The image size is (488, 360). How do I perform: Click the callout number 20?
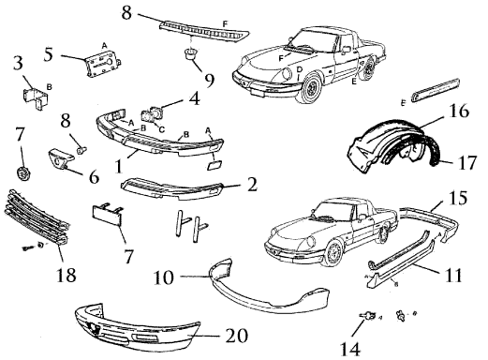point(236,336)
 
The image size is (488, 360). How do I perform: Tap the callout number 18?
point(66,275)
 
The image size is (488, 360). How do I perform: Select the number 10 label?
point(164,277)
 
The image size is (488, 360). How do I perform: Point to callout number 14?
point(349,349)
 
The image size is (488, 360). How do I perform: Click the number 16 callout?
point(459,111)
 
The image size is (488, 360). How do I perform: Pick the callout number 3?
point(18,63)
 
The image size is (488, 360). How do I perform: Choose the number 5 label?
point(49,54)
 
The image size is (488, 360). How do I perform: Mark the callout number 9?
point(209,81)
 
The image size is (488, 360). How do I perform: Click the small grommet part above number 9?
point(190,53)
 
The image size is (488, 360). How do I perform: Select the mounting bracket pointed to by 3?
point(36,97)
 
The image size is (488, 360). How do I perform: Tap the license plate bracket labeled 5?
point(103,64)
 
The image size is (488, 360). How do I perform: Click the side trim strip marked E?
point(436,90)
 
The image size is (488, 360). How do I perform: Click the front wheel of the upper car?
point(309,88)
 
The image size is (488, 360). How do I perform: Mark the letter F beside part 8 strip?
point(225,23)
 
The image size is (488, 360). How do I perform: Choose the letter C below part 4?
point(162,129)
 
